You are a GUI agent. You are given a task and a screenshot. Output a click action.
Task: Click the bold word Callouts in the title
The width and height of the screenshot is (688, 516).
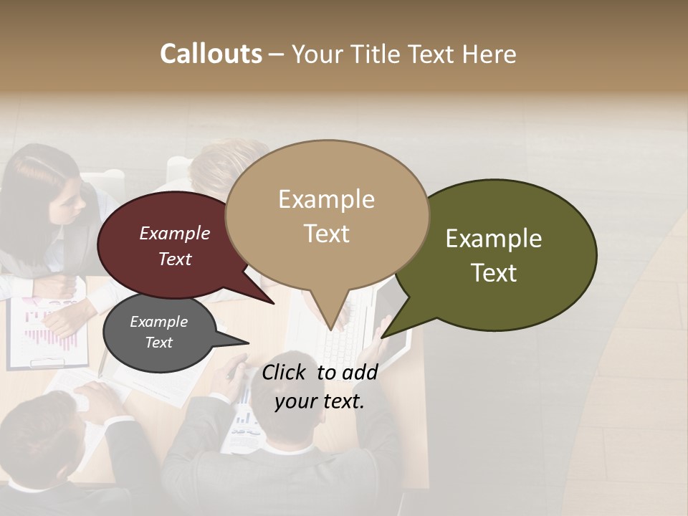tap(211, 54)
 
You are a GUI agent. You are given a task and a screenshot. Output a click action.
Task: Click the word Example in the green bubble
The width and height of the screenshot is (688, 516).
tap(494, 239)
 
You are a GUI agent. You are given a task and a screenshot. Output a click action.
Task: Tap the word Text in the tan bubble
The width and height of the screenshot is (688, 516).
tap(327, 234)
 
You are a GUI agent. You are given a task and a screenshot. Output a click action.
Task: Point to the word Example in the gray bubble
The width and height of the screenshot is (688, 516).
tap(158, 322)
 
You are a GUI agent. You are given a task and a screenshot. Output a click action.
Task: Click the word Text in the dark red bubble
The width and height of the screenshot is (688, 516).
tap(175, 259)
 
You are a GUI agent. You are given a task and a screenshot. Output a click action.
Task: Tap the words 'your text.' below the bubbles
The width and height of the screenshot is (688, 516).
tap(319, 401)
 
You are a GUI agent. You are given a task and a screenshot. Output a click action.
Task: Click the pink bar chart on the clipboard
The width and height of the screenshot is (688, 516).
tap(50, 331)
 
